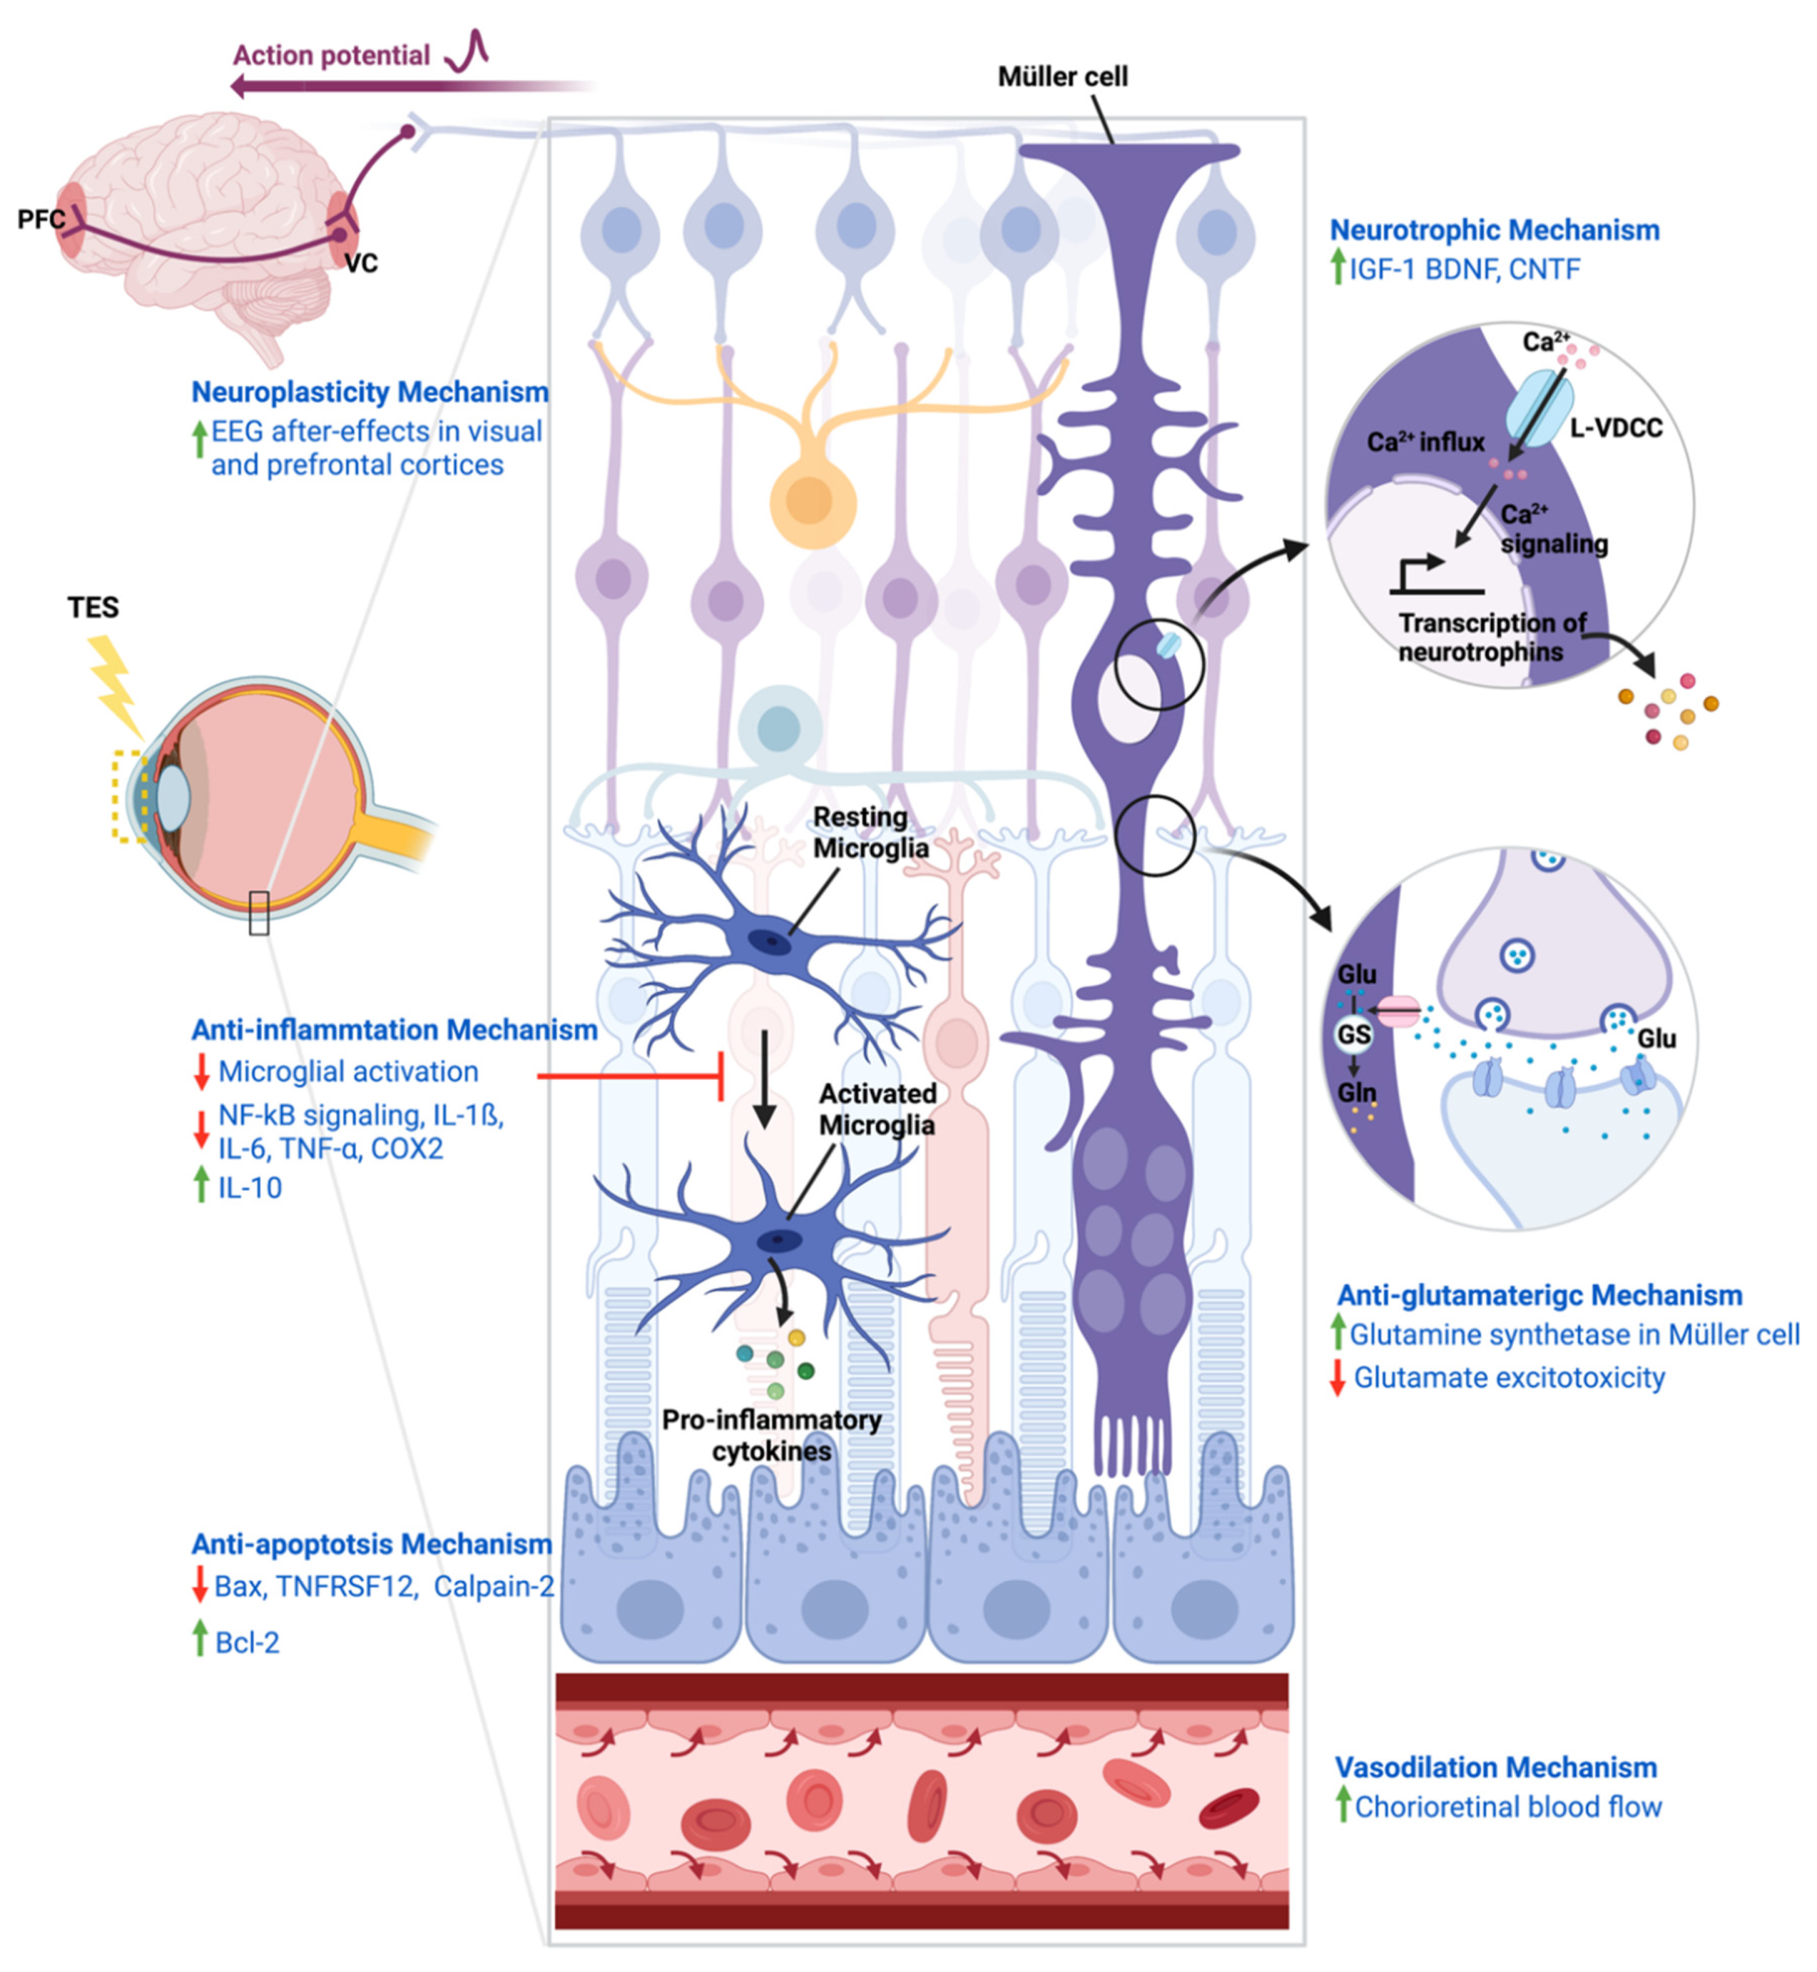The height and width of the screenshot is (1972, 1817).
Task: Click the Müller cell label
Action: [1062, 76]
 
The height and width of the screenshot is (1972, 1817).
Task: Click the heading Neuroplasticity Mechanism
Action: [370, 392]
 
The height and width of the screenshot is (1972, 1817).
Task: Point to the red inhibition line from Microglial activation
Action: [629, 1076]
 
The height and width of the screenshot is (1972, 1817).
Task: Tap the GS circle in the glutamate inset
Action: [1353, 1034]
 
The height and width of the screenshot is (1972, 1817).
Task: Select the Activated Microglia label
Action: [877, 1109]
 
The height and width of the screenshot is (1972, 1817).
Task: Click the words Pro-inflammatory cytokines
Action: [772, 1435]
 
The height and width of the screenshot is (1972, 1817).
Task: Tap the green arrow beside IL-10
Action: [201, 1185]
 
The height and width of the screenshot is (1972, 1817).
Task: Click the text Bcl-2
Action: [247, 1643]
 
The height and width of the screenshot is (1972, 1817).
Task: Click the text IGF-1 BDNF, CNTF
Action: [1464, 270]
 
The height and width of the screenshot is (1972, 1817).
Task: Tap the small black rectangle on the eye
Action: [258, 912]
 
